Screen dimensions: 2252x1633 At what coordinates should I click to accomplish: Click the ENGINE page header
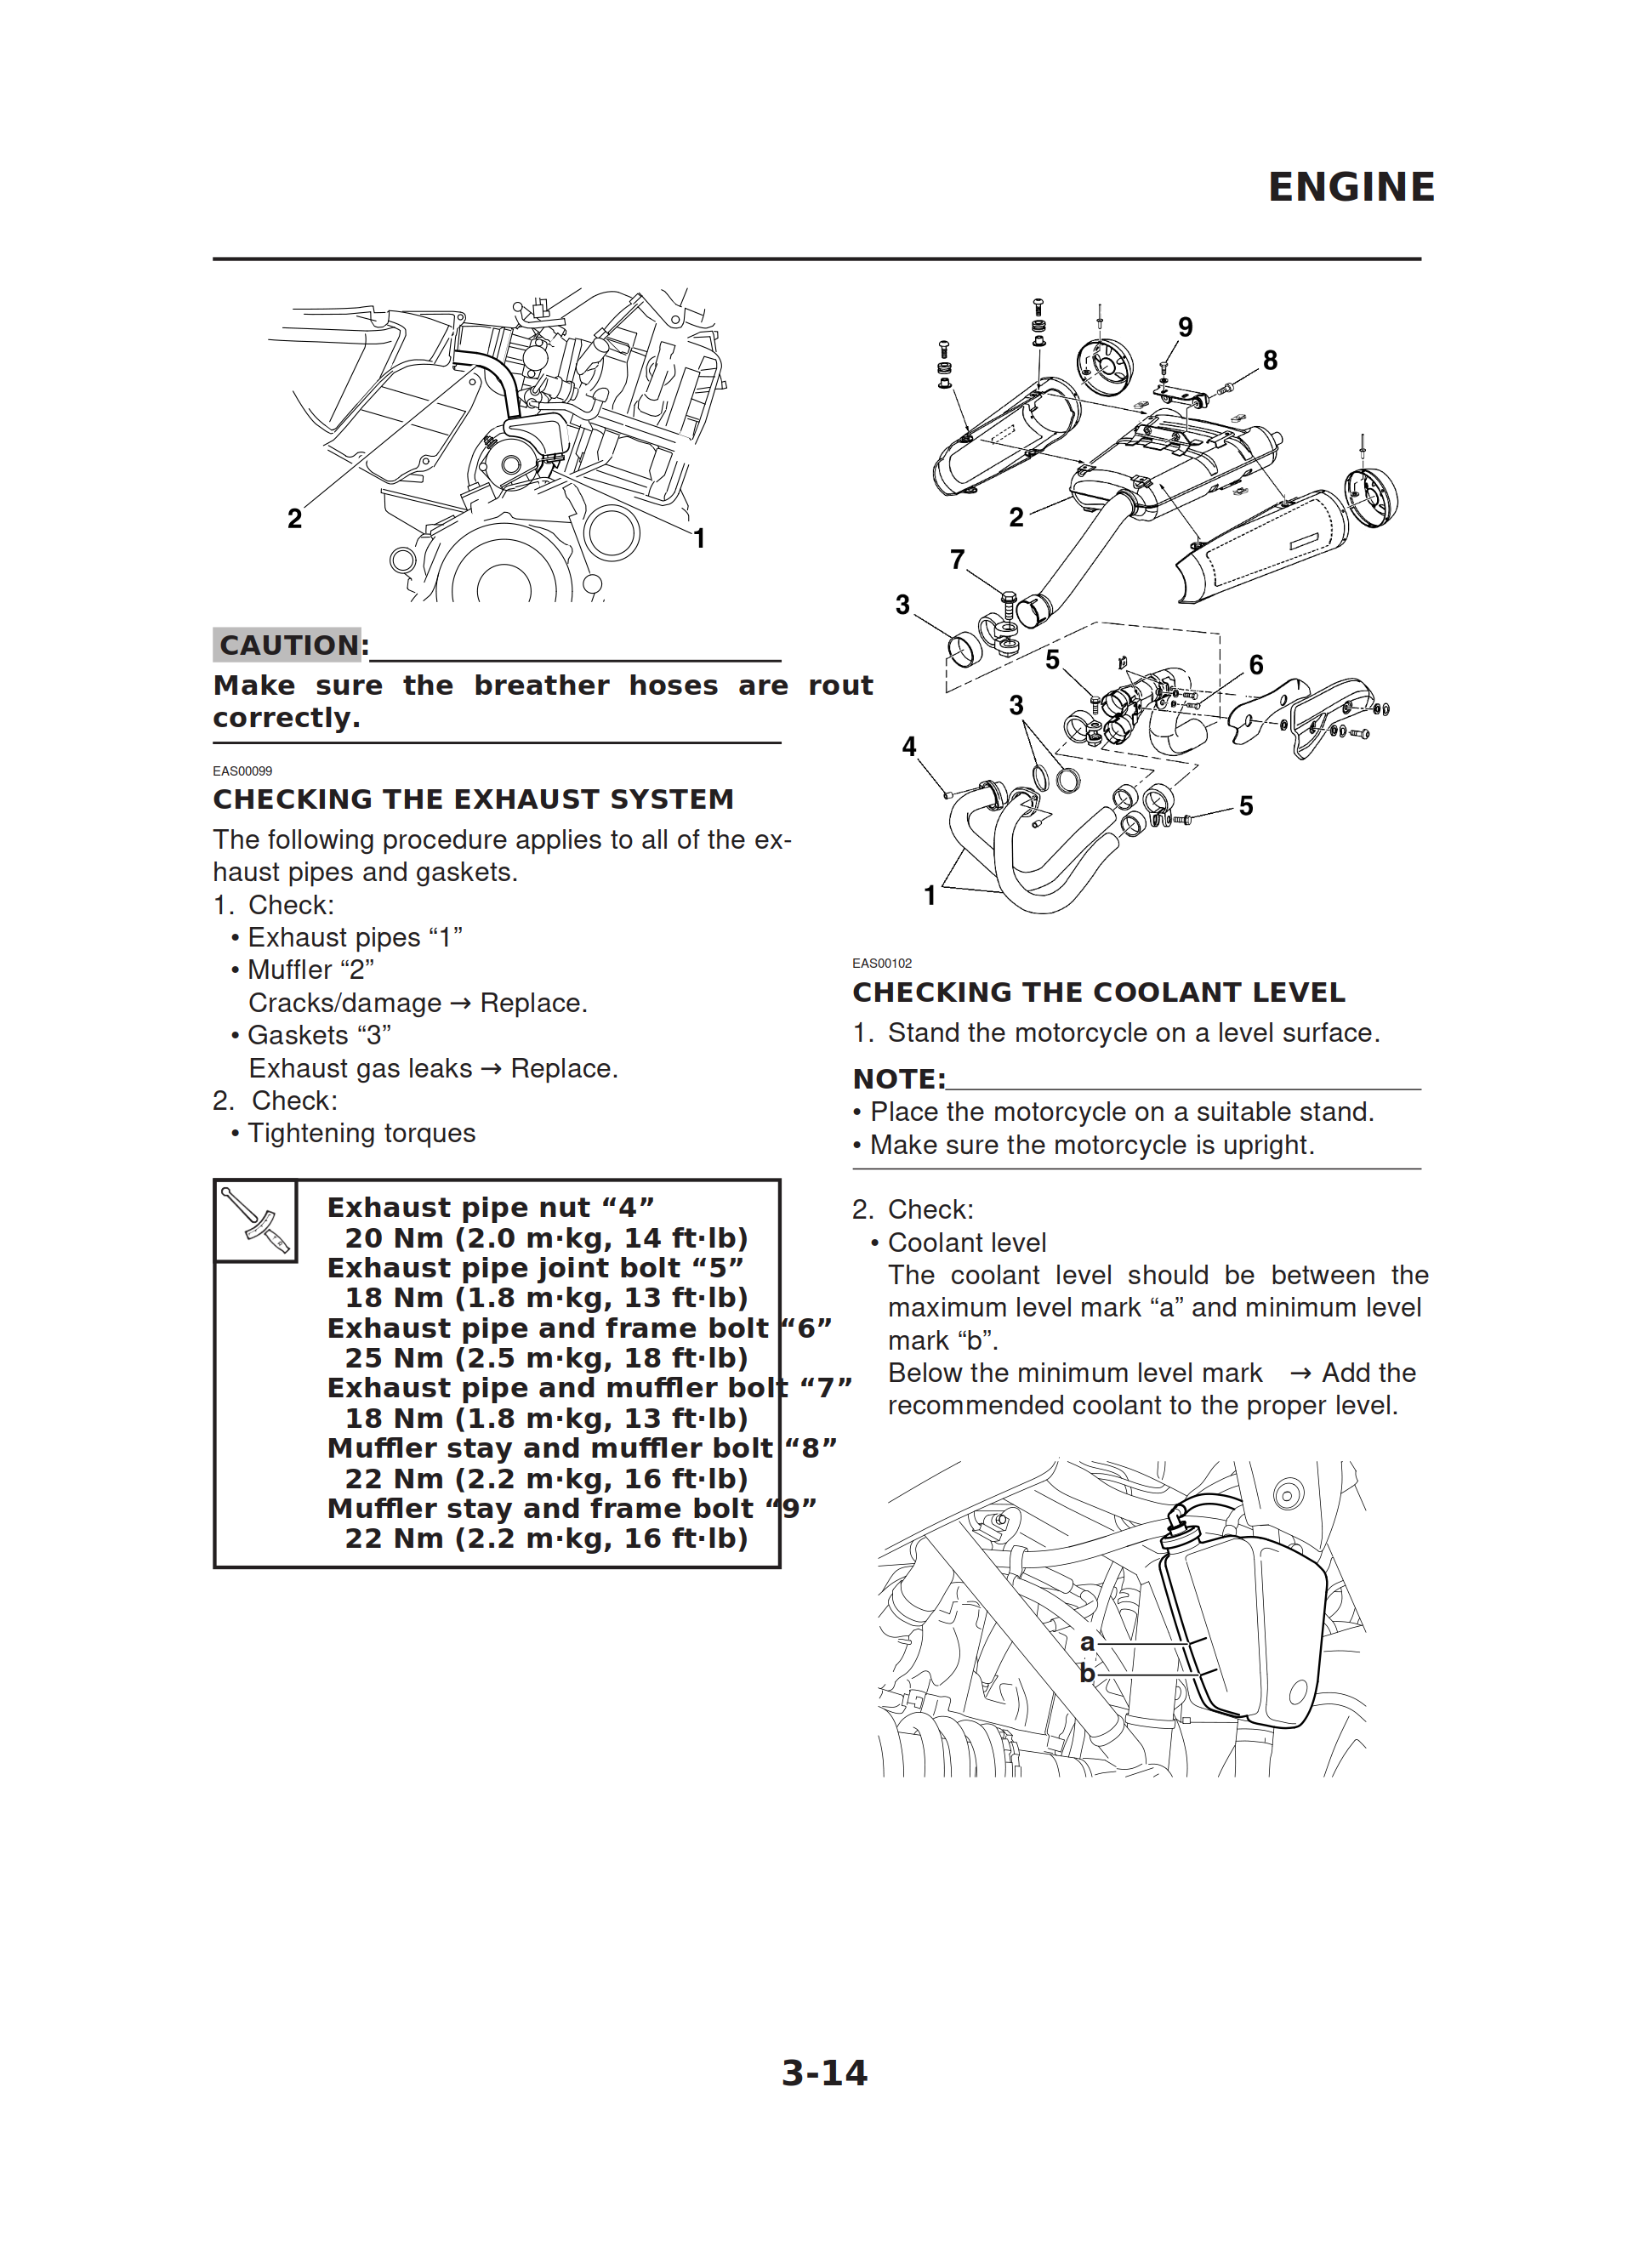coord(1350,186)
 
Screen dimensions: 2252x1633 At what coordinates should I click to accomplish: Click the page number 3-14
coord(823,2073)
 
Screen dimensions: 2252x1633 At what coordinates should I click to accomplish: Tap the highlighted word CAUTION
coord(288,645)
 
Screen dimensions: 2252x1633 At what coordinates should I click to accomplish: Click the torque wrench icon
coord(255,1220)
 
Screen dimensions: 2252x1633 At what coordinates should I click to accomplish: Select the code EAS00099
coord(242,771)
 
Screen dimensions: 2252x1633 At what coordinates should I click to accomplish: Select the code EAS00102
coord(881,964)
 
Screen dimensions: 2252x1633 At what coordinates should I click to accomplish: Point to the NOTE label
coord(898,1078)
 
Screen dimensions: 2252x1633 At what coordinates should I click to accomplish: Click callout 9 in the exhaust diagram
coord(1185,327)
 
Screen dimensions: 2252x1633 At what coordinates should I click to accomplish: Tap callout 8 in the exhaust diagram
coord(1270,361)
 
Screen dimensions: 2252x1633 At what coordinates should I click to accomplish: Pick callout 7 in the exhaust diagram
coord(957,560)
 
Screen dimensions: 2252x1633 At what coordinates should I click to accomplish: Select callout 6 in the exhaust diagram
coord(1255,664)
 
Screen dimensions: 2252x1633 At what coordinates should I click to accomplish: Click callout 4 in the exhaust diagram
coord(908,747)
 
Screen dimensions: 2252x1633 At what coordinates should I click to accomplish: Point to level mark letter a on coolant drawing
coord(1087,1643)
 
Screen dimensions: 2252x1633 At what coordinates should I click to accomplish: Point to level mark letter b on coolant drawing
coord(1087,1674)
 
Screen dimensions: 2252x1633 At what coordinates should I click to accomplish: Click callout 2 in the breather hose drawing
coord(294,518)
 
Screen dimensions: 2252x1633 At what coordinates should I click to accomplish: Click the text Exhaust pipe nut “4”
coord(490,1208)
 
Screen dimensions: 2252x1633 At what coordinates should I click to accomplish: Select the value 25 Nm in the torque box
coord(393,1358)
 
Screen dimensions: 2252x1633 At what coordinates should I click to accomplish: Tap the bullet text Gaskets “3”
coord(318,1036)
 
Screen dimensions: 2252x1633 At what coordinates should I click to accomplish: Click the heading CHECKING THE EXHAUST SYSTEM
coord(473,799)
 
